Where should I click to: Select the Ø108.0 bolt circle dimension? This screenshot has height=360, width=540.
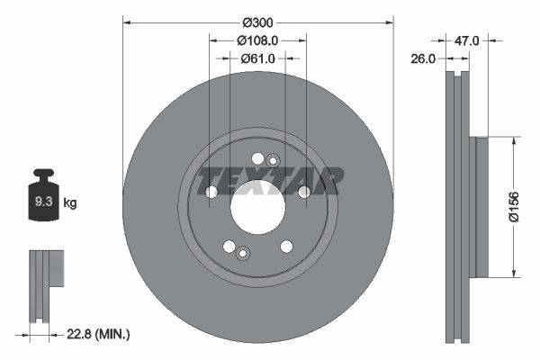[x=257, y=40]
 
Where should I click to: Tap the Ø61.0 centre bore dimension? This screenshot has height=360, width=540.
[x=257, y=58]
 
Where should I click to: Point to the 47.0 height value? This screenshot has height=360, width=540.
[x=466, y=40]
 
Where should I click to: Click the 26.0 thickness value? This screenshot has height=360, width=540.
[x=424, y=58]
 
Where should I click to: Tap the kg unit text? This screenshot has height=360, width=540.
[x=70, y=203]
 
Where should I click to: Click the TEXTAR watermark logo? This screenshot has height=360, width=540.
[x=270, y=181]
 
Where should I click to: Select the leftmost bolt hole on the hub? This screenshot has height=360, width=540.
[x=212, y=192]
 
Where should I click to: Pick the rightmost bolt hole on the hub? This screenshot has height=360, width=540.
[x=303, y=191]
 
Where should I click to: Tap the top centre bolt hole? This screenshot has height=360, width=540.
[x=258, y=159]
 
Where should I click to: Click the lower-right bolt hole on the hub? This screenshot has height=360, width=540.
[x=286, y=246]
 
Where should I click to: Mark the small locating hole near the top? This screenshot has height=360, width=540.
[x=274, y=160]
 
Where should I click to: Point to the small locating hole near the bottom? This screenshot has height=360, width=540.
[x=241, y=253]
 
